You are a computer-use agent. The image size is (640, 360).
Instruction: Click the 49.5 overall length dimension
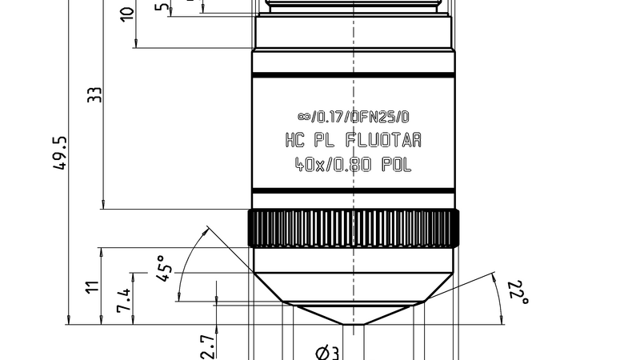pyautogui.click(x=59, y=153)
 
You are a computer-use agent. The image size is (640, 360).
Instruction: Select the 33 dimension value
pyautogui.click(x=94, y=94)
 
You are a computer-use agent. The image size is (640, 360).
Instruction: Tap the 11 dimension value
pyautogui.click(x=93, y=286)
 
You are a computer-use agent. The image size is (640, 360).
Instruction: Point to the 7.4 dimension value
pyautogui.click(x=124, y=301)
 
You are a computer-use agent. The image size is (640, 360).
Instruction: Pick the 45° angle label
pyautogui.click(x=165, y=269)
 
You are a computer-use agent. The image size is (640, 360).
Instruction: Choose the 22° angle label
pyautogui.click(x=518, y=292)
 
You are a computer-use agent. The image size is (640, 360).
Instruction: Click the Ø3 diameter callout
pyautogui.click(x=328, y=353)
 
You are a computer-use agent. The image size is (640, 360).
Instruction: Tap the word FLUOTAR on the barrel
pyautogui.click(x=383, y=141)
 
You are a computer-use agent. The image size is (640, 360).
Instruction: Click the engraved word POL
pyautogui.click(x=397, y=165)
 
